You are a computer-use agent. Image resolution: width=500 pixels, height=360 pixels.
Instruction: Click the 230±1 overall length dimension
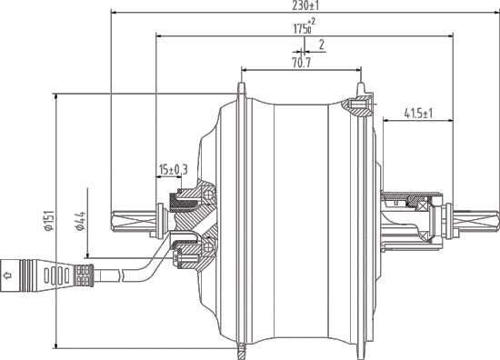coord(305,5)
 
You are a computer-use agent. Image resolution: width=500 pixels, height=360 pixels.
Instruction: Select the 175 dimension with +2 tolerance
coord(303,28)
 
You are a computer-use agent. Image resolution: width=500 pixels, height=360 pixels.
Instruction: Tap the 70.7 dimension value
coord(301,64)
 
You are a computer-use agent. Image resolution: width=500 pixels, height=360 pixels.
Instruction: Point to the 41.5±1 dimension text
coord(417,114)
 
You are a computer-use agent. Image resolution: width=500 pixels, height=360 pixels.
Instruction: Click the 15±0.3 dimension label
coord(173,170)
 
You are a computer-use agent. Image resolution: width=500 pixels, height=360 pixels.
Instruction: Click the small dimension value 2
coord(322,44)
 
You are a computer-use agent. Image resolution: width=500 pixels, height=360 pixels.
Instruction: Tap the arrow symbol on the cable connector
coord(9,271)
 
